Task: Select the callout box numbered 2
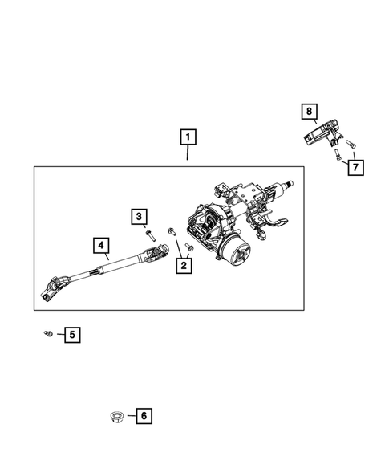tap(184, 265)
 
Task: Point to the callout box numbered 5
tap(72, 333)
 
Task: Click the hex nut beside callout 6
tap(115, 416)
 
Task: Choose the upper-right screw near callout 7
tap(350, 144)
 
